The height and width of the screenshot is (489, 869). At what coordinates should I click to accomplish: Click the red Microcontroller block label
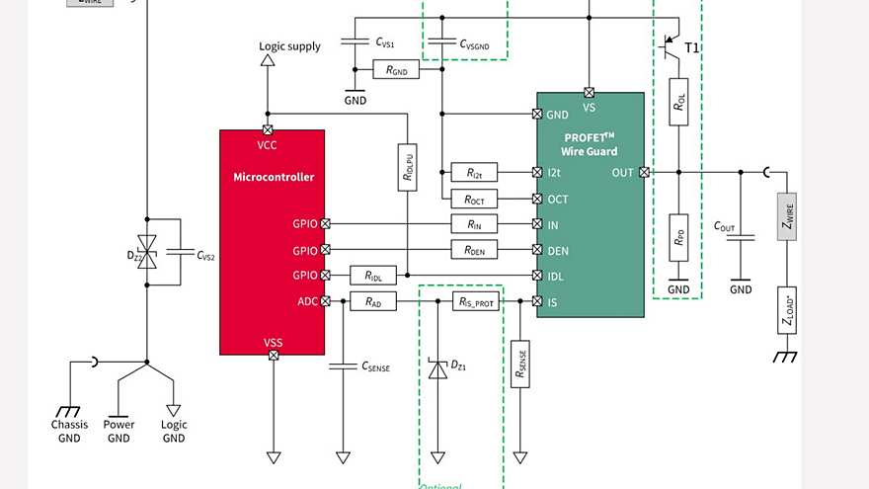tap(274, 177)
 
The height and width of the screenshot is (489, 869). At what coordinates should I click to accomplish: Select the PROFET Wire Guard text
tap(589, 144)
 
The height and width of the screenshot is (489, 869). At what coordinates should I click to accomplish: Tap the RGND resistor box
tap(396, 70)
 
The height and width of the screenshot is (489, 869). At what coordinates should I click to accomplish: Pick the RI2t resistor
tap(474, 173)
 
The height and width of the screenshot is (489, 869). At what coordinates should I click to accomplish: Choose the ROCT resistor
tap(474, 199)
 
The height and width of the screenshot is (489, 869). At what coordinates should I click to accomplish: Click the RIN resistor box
tap(474, 224)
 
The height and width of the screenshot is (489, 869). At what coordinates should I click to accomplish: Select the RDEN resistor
tap(474, 250)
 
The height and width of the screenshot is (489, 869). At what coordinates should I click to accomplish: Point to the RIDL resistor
tap(373, 276)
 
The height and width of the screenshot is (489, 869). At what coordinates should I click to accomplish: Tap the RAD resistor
tap(373, 301)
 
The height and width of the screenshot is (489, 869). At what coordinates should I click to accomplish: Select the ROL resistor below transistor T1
tap(678, 101)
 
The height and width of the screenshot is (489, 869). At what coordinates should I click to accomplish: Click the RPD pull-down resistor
tap(678, 237)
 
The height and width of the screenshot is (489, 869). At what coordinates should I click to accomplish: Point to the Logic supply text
tap(289, 46)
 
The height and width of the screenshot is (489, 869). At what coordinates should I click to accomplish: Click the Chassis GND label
tap(69, 431)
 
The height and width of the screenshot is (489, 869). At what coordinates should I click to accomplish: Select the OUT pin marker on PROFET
tap(645, 173)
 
